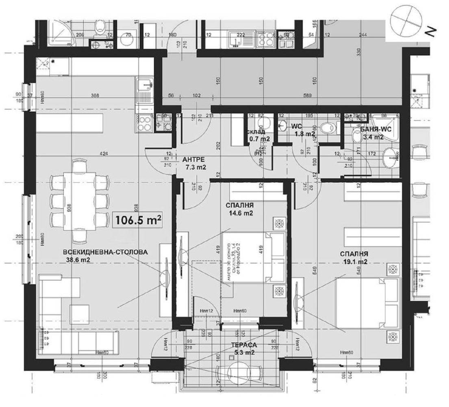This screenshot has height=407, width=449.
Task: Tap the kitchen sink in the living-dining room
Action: [144, 86]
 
